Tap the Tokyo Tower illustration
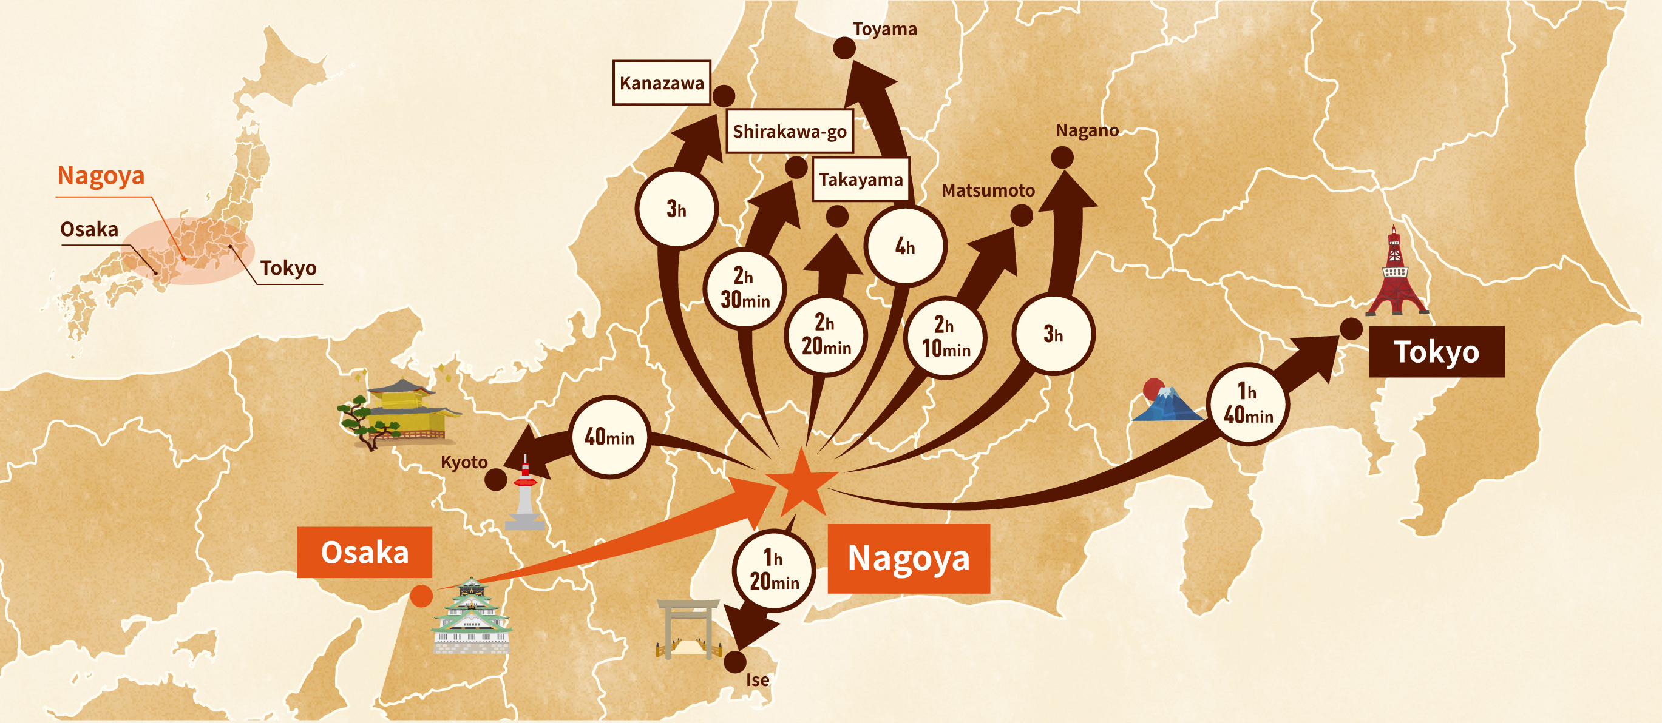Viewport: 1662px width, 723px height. [x=1396, y=274]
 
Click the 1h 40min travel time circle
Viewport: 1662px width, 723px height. [x=1248, y=404]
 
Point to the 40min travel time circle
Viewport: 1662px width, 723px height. [x=609, y=437]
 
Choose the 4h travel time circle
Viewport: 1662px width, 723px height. [x=904, y=246]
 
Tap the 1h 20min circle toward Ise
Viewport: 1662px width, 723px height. [x=773, y=570]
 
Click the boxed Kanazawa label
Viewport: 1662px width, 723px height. [x=661, y=83]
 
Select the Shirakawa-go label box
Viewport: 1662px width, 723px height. [x=789, y=132]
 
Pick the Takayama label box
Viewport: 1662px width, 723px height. [x=861, y=180]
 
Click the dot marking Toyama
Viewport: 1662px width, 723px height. [x=844, y=48]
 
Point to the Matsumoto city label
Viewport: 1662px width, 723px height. [x=988, y=190]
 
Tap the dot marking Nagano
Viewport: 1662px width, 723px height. [x=1062, y=157]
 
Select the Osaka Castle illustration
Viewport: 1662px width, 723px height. [x=472, y=616]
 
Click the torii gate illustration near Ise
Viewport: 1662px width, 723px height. [x=688, y=629]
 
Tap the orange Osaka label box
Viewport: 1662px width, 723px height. [x=365, y=553]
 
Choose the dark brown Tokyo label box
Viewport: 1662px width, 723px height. [x=1437, y=352]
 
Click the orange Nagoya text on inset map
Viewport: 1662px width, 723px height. [x=101, y=175]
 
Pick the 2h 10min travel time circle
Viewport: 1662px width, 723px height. [x=945, y=337]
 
